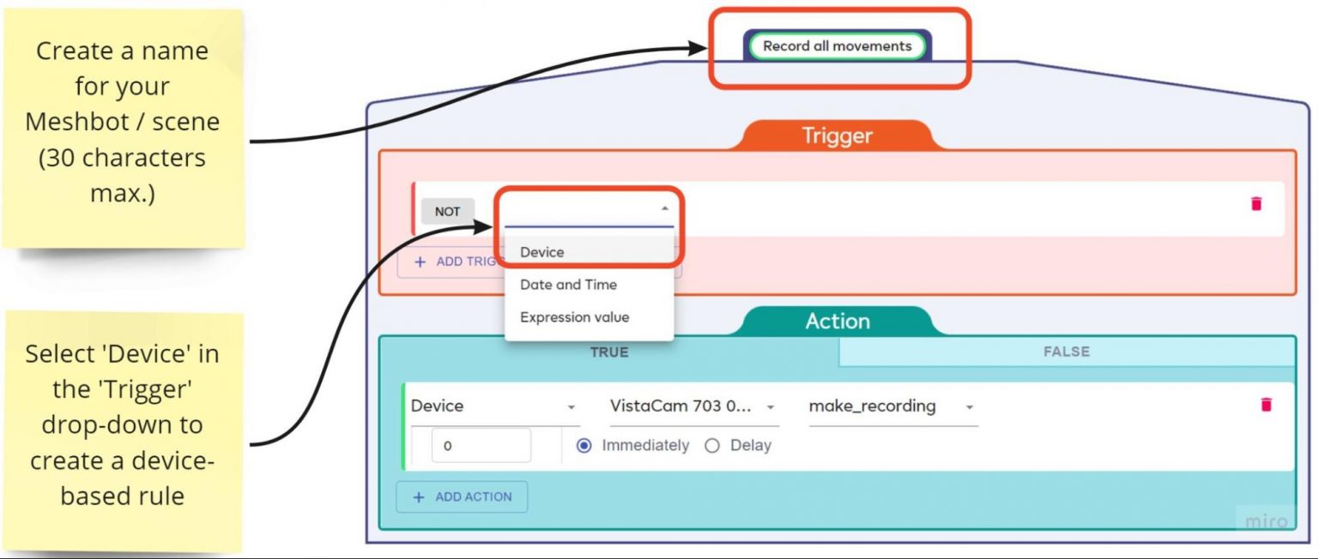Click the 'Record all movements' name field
[x=837, y=46]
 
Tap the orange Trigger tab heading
[x=837, y=136]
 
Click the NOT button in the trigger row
[x=447, y=212]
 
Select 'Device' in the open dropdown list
[x=542, y=252]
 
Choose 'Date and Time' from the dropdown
[x=568, y=285]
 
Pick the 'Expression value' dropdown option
[x=574, y=317]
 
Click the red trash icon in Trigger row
[x=1256, y=203]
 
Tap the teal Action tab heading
[x=837, y=322]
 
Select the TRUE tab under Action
[x=608, y=352]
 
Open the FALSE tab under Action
[x=1066, y=352]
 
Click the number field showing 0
[x=481, y=446]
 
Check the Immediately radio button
[x=584, y=446]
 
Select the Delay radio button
[x=711, y=446]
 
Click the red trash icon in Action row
[x=1266, y=405]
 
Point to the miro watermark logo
[x=1266, y=521]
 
